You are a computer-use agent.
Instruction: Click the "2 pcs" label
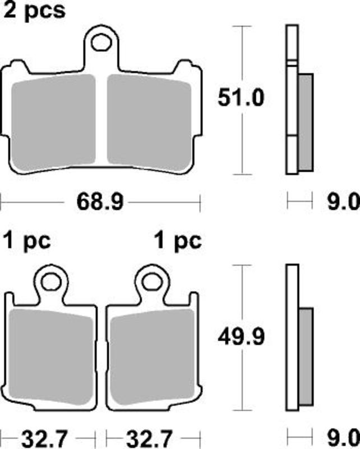[34, 11]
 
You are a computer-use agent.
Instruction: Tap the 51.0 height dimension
[241, 98]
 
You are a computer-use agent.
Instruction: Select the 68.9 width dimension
[100, 202]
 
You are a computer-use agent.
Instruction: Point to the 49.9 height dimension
[241, 337]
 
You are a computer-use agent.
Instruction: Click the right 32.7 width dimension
[149, 438]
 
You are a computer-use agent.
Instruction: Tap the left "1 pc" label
[27, 241]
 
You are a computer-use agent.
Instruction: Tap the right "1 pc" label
[178, 241]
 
